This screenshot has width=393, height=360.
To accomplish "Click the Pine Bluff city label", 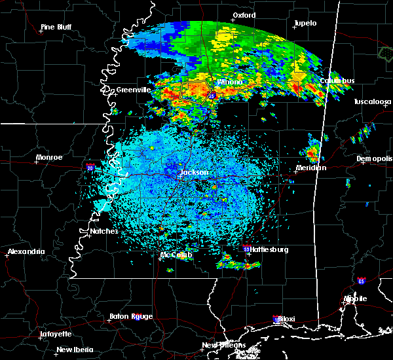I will coord(56,27).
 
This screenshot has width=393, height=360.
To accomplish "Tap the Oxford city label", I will coord(244,14).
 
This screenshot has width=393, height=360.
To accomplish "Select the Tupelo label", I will coord(305,23).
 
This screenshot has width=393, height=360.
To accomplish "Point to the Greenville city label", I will coord(134,89).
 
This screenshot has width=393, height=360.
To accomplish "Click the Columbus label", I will coord(337,81).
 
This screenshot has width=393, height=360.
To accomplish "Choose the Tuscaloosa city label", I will coord(373,101).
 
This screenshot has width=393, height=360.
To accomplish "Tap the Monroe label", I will coord(49,157).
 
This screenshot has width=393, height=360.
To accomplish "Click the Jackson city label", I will coord(194,172).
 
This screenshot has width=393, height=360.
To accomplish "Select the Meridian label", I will coord(310,168).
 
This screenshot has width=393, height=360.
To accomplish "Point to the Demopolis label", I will coord(374,158).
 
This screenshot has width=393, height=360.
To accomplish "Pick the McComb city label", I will coord(176,255).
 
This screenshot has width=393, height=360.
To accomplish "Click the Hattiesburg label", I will coord(269,249).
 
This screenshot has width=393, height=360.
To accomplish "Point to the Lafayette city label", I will coord(55,333).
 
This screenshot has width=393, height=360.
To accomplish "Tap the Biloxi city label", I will coord(286,319).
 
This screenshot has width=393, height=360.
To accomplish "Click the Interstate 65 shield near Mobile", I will coord(362,280).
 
